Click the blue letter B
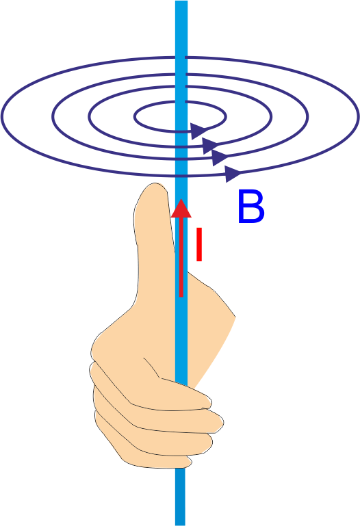click(x=251, y=207)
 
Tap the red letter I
click(x=199, y=244)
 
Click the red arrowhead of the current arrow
click(x=181, y=209)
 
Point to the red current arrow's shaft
click(x=181, y=257)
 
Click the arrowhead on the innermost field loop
click(x=198, y=131)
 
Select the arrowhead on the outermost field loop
click(x=233, y=174)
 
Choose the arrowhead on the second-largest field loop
click(x=220, y=157)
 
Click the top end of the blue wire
click(x=181, y=1)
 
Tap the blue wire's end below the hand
click(x=180, y=525)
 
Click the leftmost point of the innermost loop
click(x=135, y=117)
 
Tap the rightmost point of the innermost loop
click(x=226, y=117)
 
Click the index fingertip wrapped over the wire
click(x=206, y=401)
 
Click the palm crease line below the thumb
click(x=152, y=368)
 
